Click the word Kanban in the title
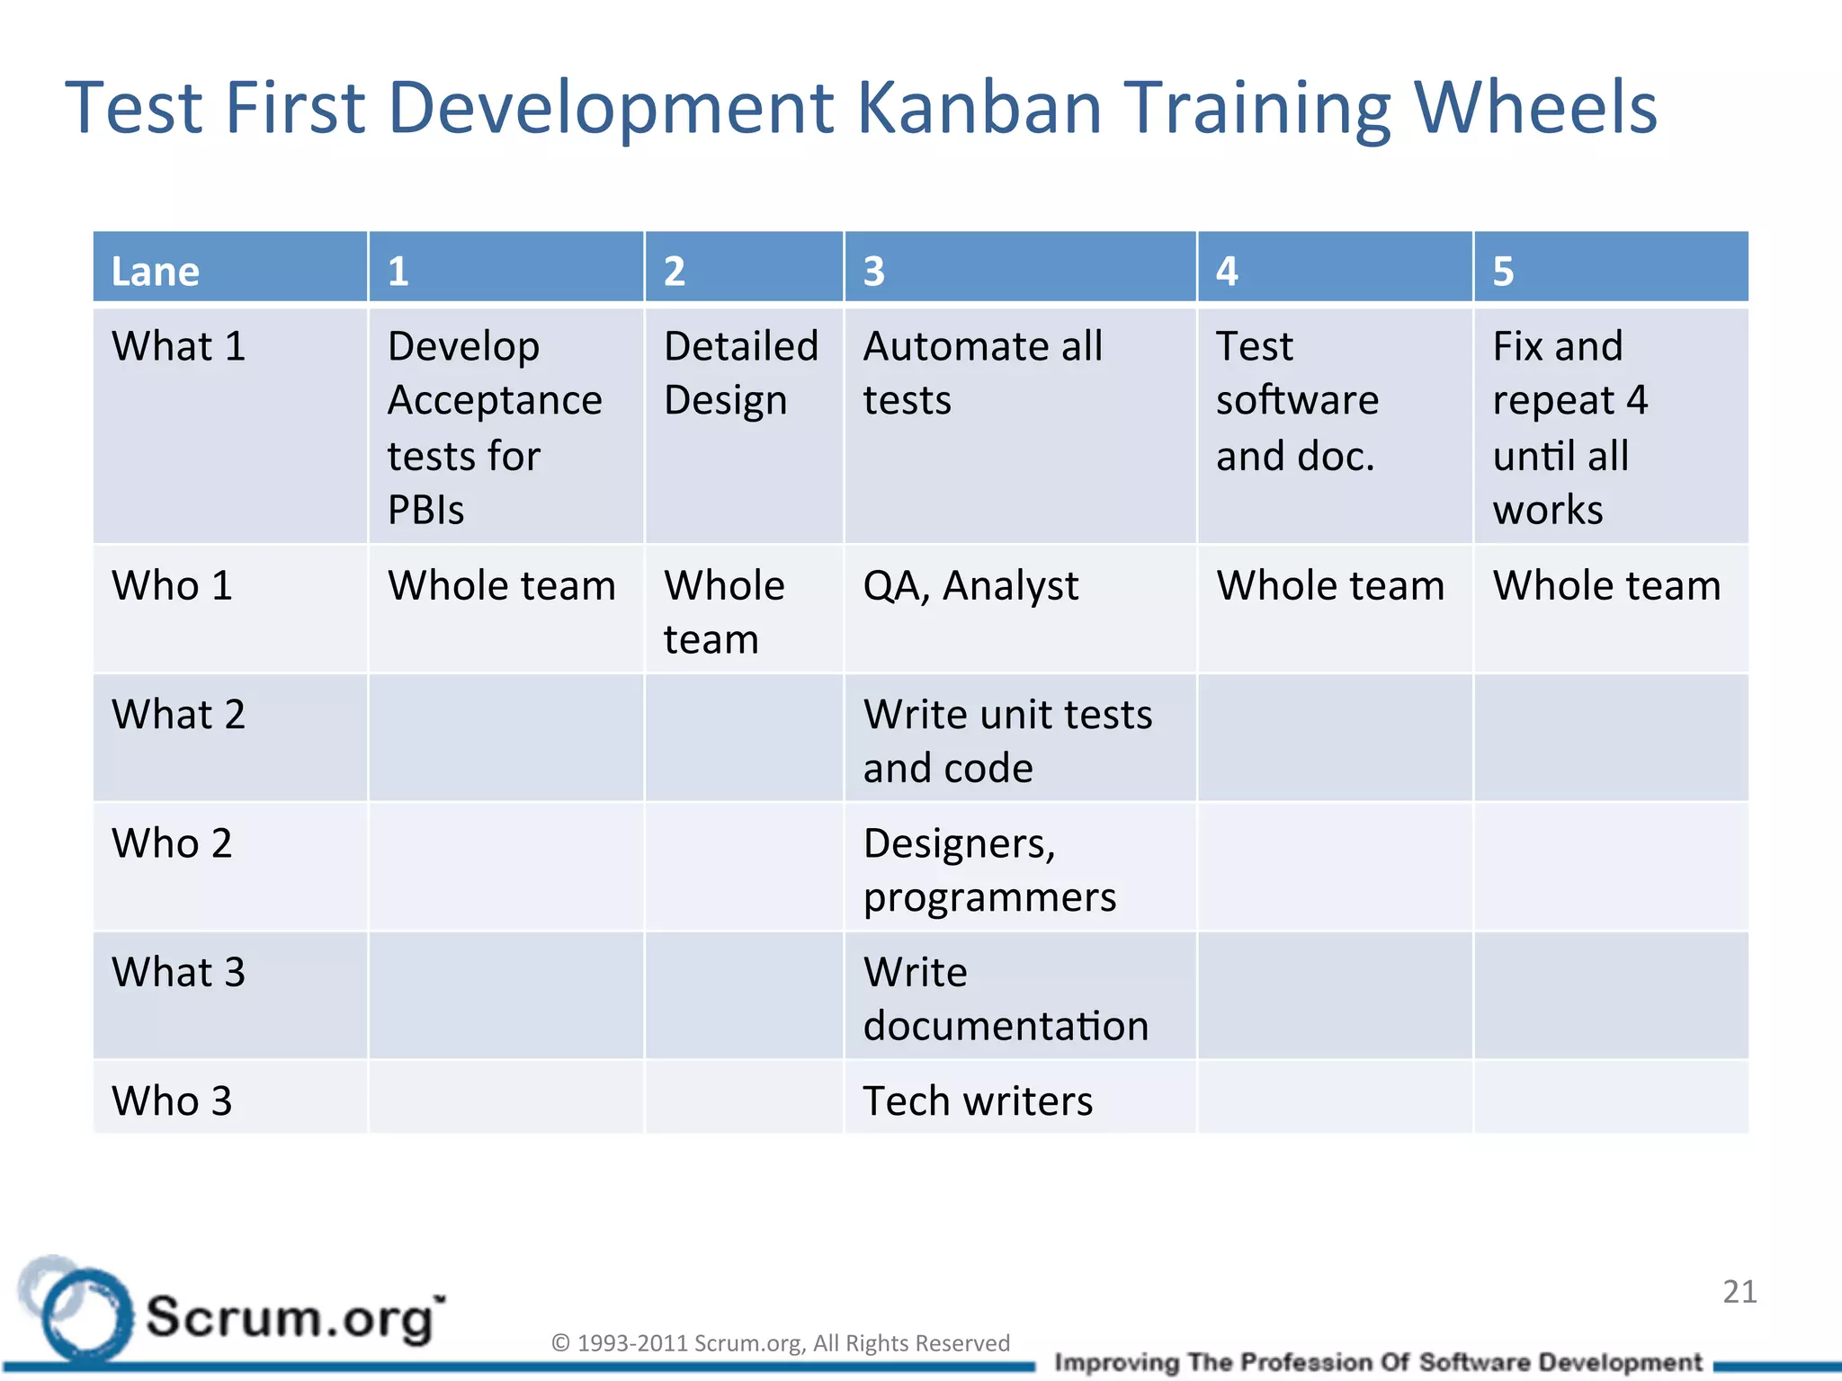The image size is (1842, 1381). (x=979, y=108)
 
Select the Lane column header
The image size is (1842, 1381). (x=156, y=271)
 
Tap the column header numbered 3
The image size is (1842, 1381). (x=874, y=271)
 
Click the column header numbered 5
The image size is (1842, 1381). (x=1503, y=271)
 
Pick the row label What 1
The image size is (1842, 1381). (x=179, y=347)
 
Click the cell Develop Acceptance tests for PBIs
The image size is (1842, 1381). (x=495, y=427)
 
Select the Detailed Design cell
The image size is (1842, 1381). (x=740, y=373)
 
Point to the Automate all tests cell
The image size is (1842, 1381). (x=982, y=373)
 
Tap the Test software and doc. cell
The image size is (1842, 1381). (x=1297, y=401)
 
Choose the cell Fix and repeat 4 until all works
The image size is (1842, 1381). (x=1569, y=427)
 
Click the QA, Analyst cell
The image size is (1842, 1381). (x=970, y=586)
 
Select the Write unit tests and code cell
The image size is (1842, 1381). (x=1007, y=741)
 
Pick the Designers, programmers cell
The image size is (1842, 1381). (x=989, y=869)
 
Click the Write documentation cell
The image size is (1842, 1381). (x=1006, y=998)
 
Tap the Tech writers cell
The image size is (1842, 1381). (x=978, y=1101)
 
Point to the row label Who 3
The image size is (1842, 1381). (x=172, y=1101)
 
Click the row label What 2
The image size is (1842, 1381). (x=179, y=715)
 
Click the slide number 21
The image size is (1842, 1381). (x=1739, y=1292)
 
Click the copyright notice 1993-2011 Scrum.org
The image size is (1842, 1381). (x=780, y=1342)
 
